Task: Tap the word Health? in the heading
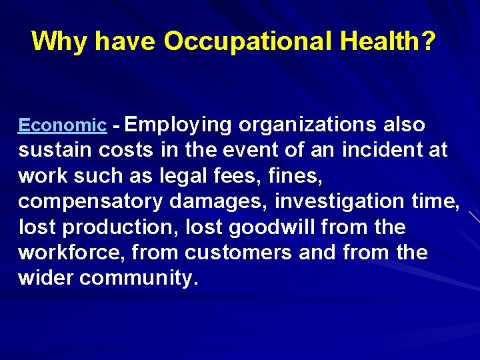[x=387, y=41]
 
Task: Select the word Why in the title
[x=59, y=41]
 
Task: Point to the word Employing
[x=178, y=125]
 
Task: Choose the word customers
[x=239, y=253]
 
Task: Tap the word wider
[x=46, y=278]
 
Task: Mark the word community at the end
[x=138, y=278]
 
